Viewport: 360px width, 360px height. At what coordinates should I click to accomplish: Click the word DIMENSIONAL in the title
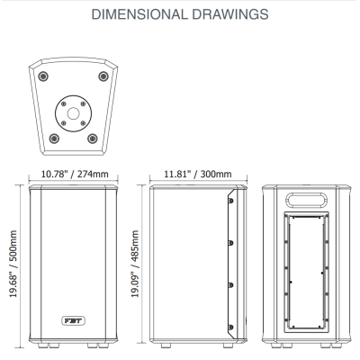(139, 14)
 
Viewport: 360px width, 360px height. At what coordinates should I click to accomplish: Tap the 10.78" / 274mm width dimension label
(75, 174)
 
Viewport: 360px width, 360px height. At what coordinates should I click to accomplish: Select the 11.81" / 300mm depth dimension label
(198, 174)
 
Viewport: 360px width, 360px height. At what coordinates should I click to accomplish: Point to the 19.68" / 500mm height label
(13, 264)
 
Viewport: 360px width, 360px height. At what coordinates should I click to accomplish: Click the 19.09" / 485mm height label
(135, 264)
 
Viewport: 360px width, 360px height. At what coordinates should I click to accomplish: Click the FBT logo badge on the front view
(74, 320)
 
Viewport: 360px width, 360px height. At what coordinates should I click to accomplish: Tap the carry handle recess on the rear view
(306, 200)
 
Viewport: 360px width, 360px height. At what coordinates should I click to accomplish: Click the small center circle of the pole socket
(73, 113)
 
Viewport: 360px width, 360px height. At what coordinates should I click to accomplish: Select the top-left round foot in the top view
(43, 76)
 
